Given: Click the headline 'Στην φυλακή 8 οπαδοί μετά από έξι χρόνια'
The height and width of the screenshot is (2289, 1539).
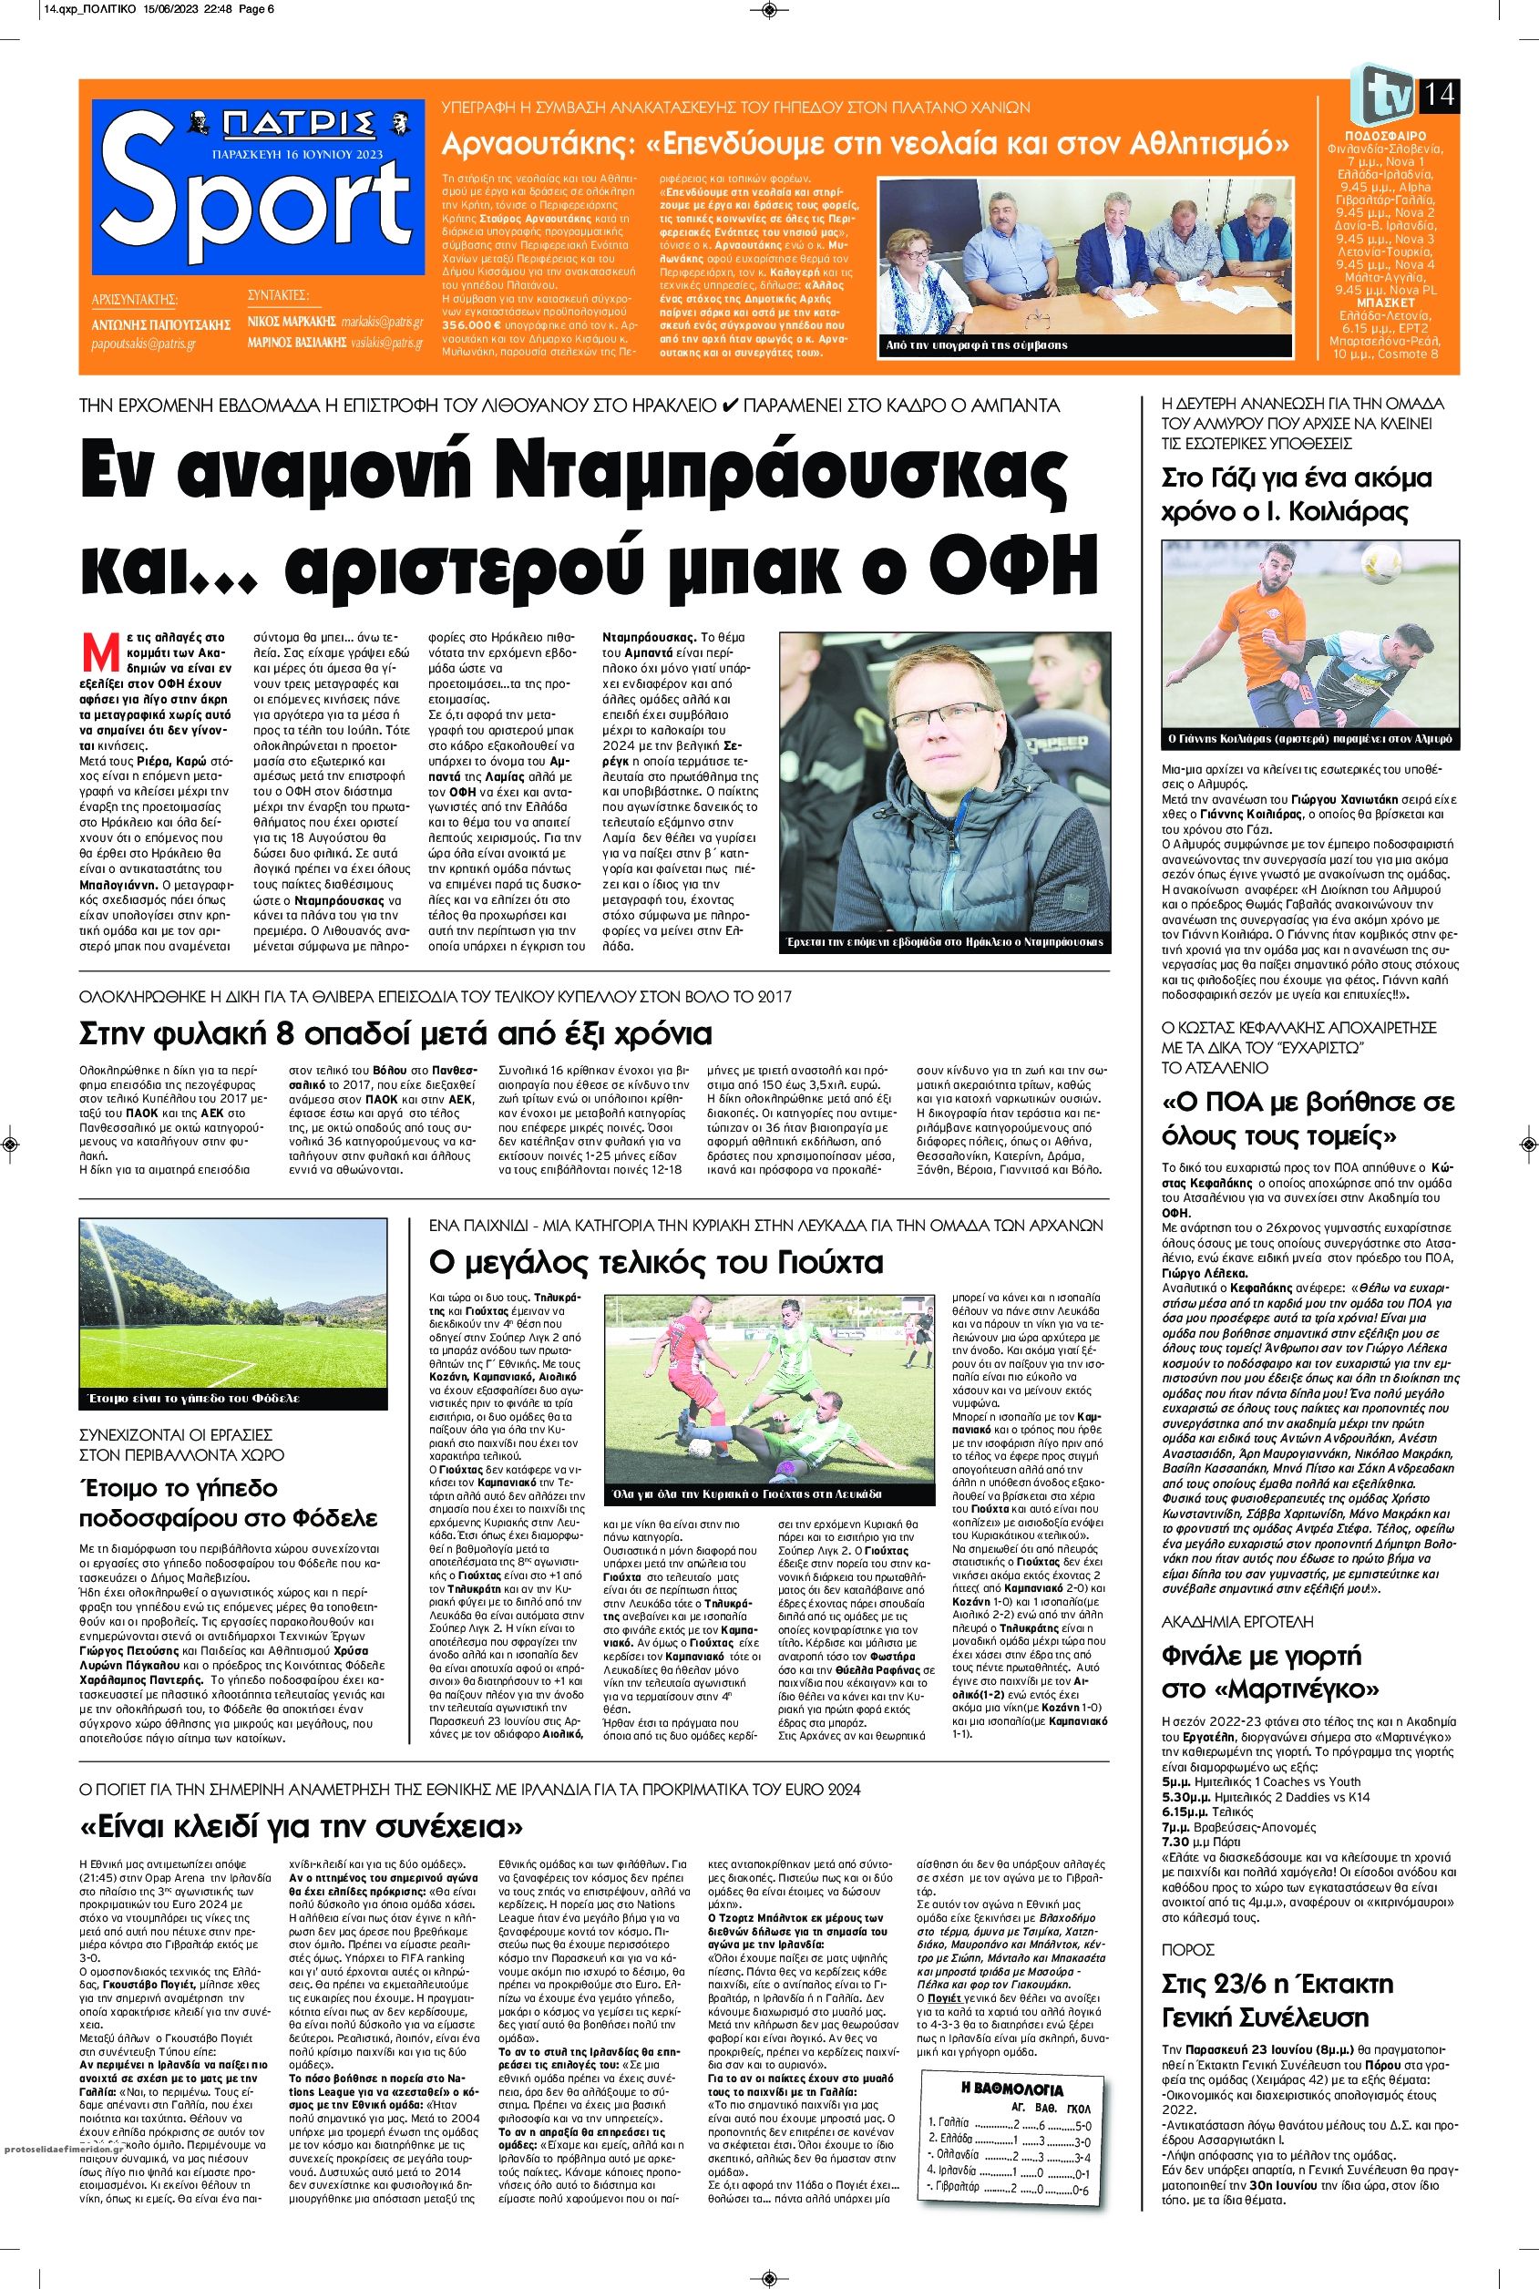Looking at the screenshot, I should pos(396,1034).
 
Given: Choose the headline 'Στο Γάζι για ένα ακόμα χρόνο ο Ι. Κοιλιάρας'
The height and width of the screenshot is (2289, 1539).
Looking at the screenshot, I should pos(1296,495).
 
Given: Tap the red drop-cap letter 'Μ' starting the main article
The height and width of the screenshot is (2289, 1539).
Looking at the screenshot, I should pos(97,652).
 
